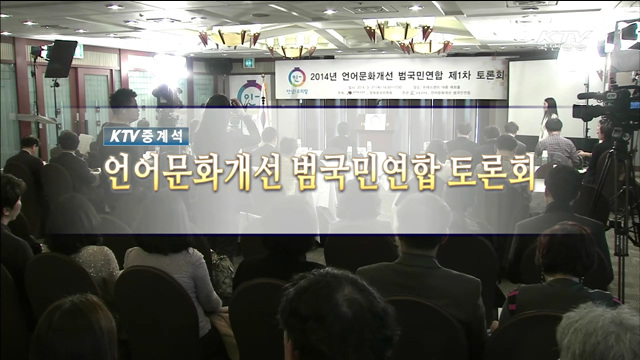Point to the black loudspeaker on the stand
coord(60,59)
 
